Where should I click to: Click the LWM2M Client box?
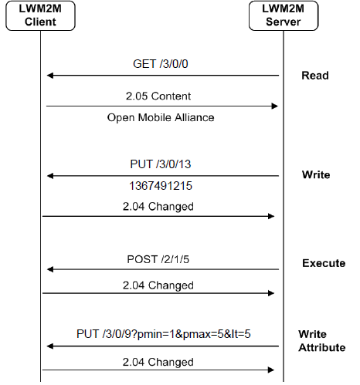40,16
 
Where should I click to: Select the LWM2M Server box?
283,16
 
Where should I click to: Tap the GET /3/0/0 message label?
161,64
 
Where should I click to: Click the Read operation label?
314,76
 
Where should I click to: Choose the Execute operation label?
324,263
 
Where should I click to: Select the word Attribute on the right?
321,348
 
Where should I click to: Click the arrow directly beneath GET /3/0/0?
162,76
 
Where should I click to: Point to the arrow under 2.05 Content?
162,106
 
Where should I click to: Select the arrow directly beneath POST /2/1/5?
162,269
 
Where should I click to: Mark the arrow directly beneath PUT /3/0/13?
162,176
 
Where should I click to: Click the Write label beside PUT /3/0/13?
315,174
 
